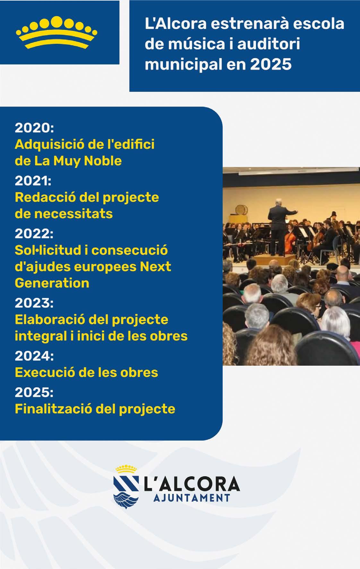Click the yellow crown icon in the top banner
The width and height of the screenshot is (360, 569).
[56, 32]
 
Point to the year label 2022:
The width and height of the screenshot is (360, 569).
[34, 233]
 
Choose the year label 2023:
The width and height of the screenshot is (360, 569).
[34, 303]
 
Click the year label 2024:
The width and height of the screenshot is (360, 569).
[34, 356]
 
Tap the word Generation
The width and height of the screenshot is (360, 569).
[52, 283]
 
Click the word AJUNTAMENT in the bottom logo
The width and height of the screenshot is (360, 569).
[192, 498]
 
